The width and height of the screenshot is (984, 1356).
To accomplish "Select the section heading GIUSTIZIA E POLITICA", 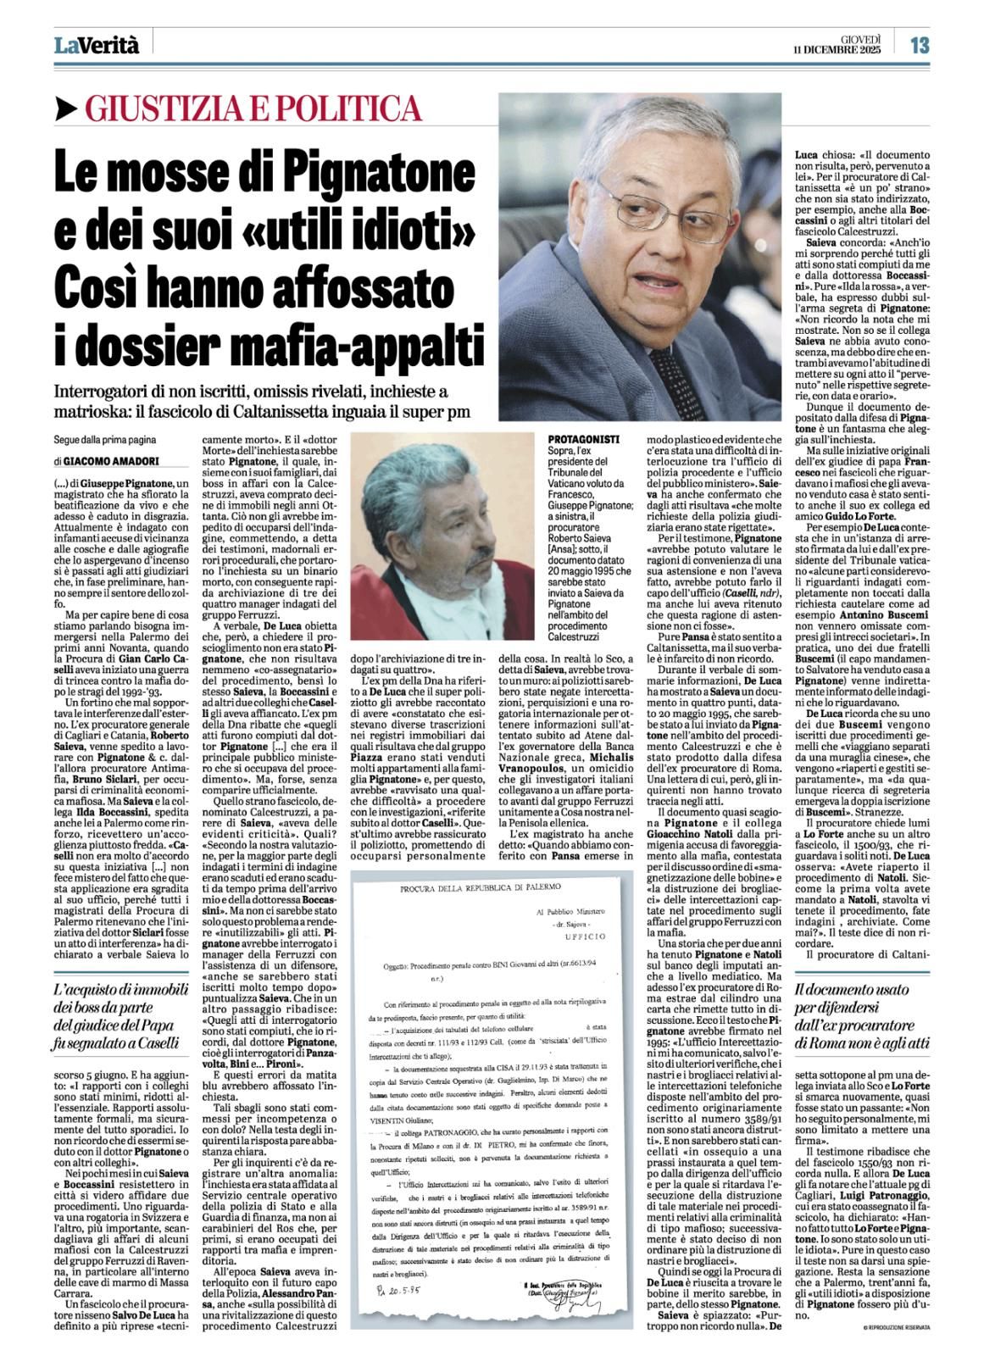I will pyautogui.click(x=253, y=108).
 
